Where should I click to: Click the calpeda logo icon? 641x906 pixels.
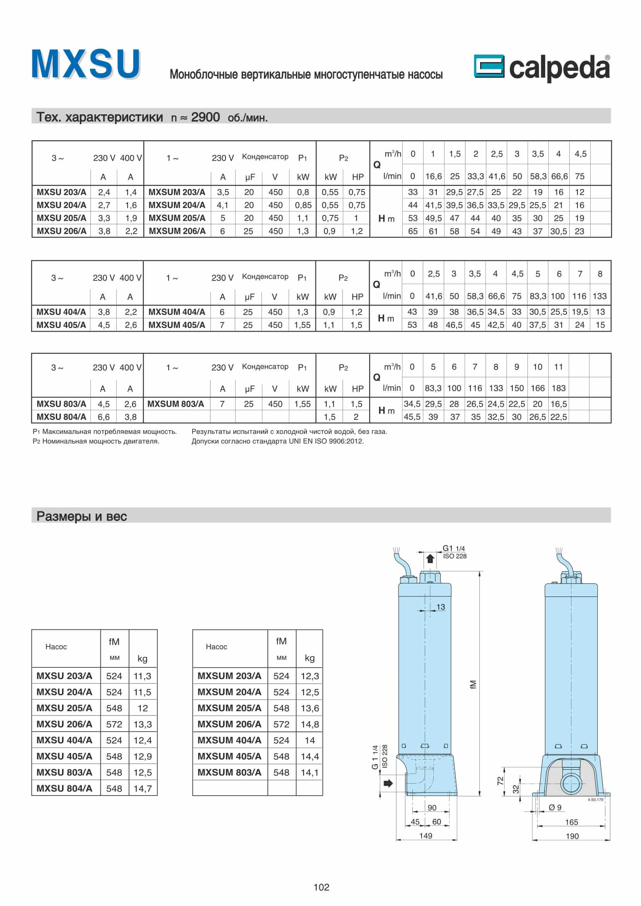pyautogui.click(x=489, y=66)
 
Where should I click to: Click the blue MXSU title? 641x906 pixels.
pyautogui.click(x=86, y=64)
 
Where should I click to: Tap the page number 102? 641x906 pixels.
pyautogui.click(x=321, y=887)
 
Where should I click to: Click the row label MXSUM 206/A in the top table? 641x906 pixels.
pyautogui.click(x=177, y=231)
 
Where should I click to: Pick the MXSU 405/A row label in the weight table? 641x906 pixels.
pyautogui.click(x=64, y=756)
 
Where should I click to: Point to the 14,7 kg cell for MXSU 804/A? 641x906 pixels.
pyautogui.click(x=143, y=788)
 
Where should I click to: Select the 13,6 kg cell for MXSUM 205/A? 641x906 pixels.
pyautogui.click(x=310, y=708)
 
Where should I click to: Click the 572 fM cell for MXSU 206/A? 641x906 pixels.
pyautogui.click(x=114, y=724)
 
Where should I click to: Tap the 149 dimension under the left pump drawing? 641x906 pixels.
pyautogui.click(x=426, y=836)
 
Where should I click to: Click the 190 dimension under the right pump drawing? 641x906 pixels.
pyautogui.click(x=572, y=836)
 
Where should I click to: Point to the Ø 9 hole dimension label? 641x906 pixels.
pyautogui.click(x=555, y=807)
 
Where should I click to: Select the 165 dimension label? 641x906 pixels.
pyautogui.click(x=572, y=822)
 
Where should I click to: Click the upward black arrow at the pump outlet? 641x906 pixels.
pyautogui.click(x=430, y=559)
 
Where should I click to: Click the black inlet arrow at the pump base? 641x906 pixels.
pyautogui.click(x=388, y=783)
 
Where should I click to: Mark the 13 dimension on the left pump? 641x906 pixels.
pyautogui.click(x=441, y=607)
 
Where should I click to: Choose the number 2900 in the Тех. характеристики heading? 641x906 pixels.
pyautogui.click(x=205, y=117)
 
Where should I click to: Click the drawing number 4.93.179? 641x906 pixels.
pyautogui.click(x=595, y=799)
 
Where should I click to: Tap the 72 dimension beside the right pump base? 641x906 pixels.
pyautogui.click(x=500, y=781)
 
